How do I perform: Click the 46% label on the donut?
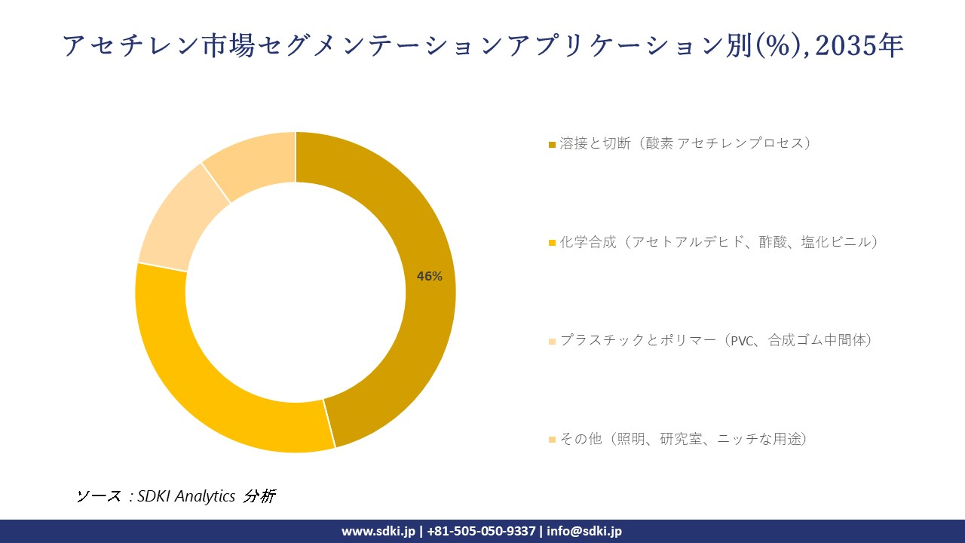click(x=430, y=276)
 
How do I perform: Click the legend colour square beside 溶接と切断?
click(x=552, y=144)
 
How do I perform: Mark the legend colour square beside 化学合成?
click(x=552, y=243)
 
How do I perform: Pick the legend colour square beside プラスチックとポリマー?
click(x=552, y=342)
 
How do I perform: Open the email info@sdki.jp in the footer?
click(x=584, y=531)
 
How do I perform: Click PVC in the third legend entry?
click(x=743, y=341)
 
